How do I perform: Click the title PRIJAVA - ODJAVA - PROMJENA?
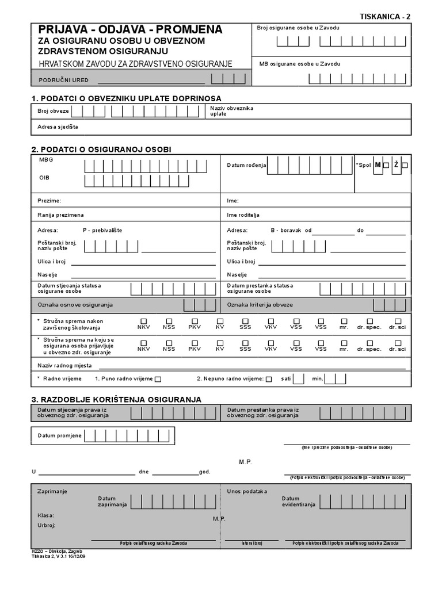(x=130, y=30)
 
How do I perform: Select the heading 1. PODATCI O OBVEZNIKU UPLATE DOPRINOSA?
(x=126, y=98)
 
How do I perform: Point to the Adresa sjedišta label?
(x=58, y=127)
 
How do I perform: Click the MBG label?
(x=45, y=159)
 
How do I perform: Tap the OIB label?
(x=44, y=178)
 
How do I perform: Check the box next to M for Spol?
(x=386, y=166)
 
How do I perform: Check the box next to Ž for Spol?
(x=405, y=166)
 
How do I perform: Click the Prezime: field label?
(x=49, y=201)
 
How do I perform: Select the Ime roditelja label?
(x=243, y=215)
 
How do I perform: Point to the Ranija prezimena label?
(x=61, y=215)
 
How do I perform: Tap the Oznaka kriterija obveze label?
(x=260, y=304)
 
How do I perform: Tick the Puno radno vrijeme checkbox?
(x=158, y=379)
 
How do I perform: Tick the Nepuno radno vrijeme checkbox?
(x=269, y=379)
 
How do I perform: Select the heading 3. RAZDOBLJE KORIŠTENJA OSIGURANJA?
(x=116, y=399)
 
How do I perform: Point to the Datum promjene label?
(x=60, y=435)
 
